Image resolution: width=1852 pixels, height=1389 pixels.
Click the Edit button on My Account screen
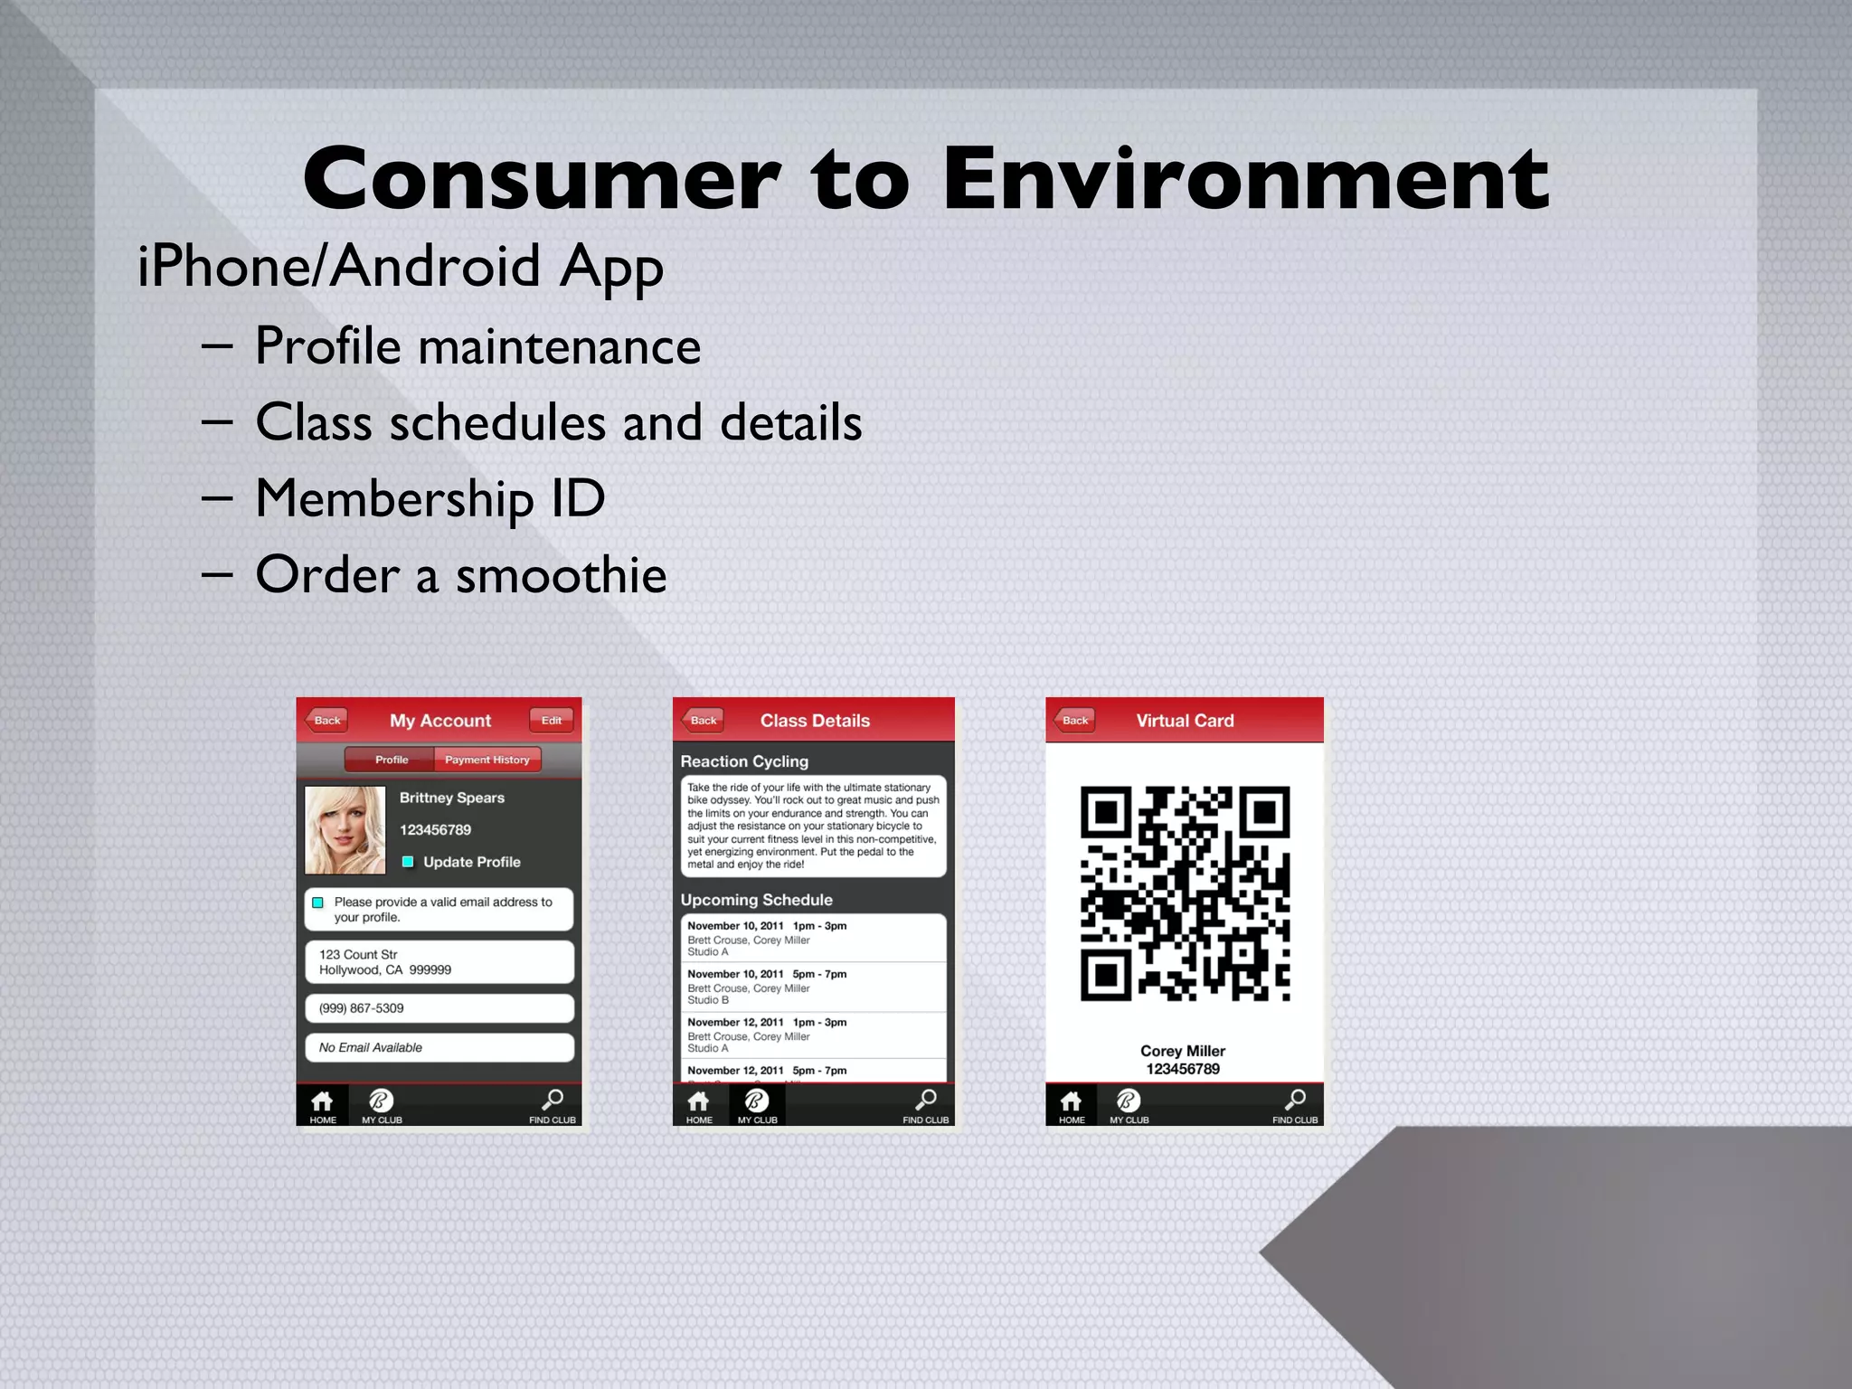click(x=551, y=721)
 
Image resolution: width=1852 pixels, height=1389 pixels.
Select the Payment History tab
click(x=487, y=760)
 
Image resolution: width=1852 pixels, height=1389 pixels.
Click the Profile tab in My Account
click(x=391, y=760)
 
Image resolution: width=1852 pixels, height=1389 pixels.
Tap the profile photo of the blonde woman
click(x=345, y=829)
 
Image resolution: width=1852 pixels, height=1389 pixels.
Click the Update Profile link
click(x=471, y=862)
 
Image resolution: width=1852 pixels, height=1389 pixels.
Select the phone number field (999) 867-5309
click(x=439, y=1008)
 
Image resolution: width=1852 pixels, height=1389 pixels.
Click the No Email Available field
click(x=439, y=1047)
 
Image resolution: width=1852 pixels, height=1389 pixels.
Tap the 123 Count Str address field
click(x=439, y=962)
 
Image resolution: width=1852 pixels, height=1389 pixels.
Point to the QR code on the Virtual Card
click(x=1185, y=893)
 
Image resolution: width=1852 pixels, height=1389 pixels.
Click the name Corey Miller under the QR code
click(x=1183, y=1051)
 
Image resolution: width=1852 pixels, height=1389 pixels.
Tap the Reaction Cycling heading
click(x=744, y=761)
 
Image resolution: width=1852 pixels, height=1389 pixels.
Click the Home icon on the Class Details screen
click(x=698, y=1105)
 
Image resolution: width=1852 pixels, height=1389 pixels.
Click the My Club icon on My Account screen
click(x=382, y=1105)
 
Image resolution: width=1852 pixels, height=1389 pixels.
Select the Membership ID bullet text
click(x=430, y=498)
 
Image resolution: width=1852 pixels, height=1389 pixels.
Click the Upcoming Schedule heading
click(x=756, y=900)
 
